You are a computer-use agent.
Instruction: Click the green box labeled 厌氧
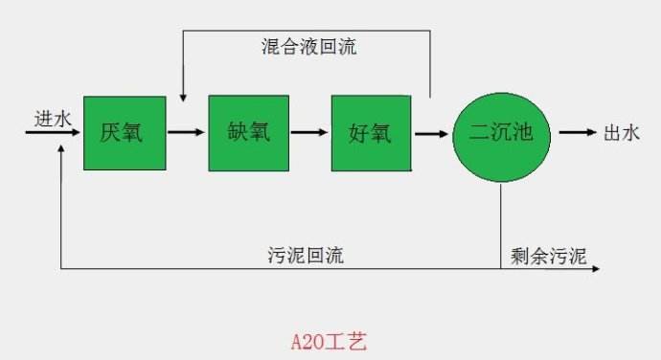pyautogui.click(x=124, y=133)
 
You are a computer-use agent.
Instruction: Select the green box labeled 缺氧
pyautogui.click(x=248, y=133)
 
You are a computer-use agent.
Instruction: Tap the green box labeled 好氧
pyautogui.click(x=371, y=133)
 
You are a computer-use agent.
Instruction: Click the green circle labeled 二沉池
pyautogui.click(x=501, y=134)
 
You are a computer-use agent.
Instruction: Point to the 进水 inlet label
pyautogui.click(x=53, y=119)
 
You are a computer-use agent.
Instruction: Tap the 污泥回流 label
pyautogui.click(x=307, y=256)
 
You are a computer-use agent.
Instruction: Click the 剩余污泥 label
pyautogui.click(x=549, y=255)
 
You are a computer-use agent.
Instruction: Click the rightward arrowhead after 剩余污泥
pyautogui.click(x=596, y=268)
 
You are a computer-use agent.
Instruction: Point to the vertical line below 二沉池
pyautogui.click(x=501, y=225)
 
